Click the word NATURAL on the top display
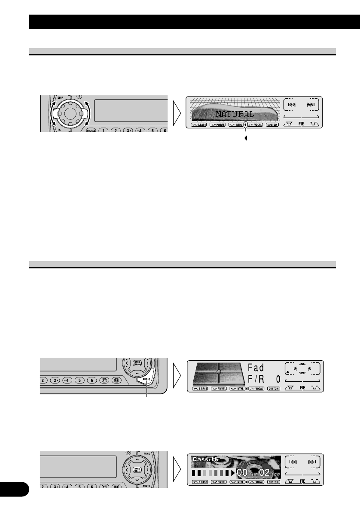[x=235, y=115]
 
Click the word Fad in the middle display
[x=256, y=368]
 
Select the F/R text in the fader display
[x=256, y=380]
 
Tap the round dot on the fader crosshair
[x=219, y=371]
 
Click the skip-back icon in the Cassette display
[x=292, y=461]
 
